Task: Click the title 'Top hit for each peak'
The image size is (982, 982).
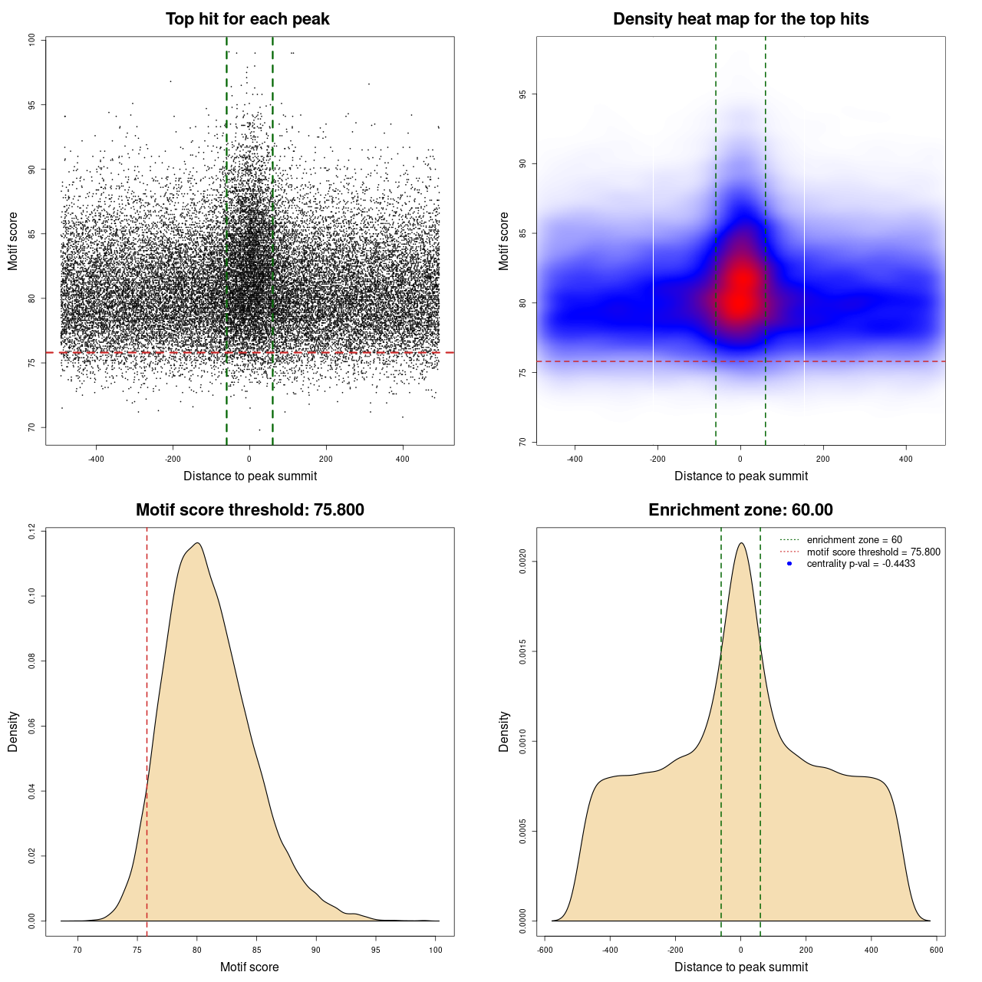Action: point(247,19)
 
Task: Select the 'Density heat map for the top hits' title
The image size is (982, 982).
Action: point(740,19)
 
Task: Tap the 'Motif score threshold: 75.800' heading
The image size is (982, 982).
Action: point(249,510)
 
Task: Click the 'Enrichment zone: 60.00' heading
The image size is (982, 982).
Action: point(740,510)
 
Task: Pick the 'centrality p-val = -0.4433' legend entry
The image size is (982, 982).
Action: point(861,564)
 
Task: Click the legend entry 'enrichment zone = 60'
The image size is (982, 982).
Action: point(854,540)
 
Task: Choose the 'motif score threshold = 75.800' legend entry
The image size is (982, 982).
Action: point(873,552)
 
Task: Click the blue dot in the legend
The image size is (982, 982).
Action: point(789,564)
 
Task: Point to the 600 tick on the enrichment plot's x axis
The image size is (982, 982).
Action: point(937,950)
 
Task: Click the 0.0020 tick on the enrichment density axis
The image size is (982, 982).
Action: point(522,562)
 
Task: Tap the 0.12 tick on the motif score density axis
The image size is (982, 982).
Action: point(31,531)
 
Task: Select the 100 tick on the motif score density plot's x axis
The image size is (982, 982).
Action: point(436,950)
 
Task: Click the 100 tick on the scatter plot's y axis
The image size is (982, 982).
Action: point(31,40)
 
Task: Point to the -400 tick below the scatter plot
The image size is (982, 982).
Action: point(96,459)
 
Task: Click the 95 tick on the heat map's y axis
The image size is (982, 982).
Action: point(522,94)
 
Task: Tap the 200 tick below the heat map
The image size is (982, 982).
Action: point(823,459)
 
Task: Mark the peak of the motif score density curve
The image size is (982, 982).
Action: point(198,543)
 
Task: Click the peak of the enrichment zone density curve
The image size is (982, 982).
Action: point(741,543)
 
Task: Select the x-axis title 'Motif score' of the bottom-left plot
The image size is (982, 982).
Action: point(249,967)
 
